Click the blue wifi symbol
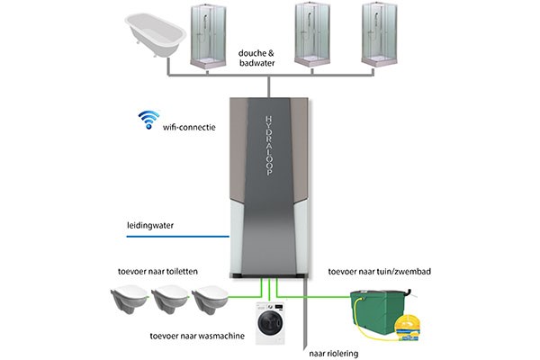146,121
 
